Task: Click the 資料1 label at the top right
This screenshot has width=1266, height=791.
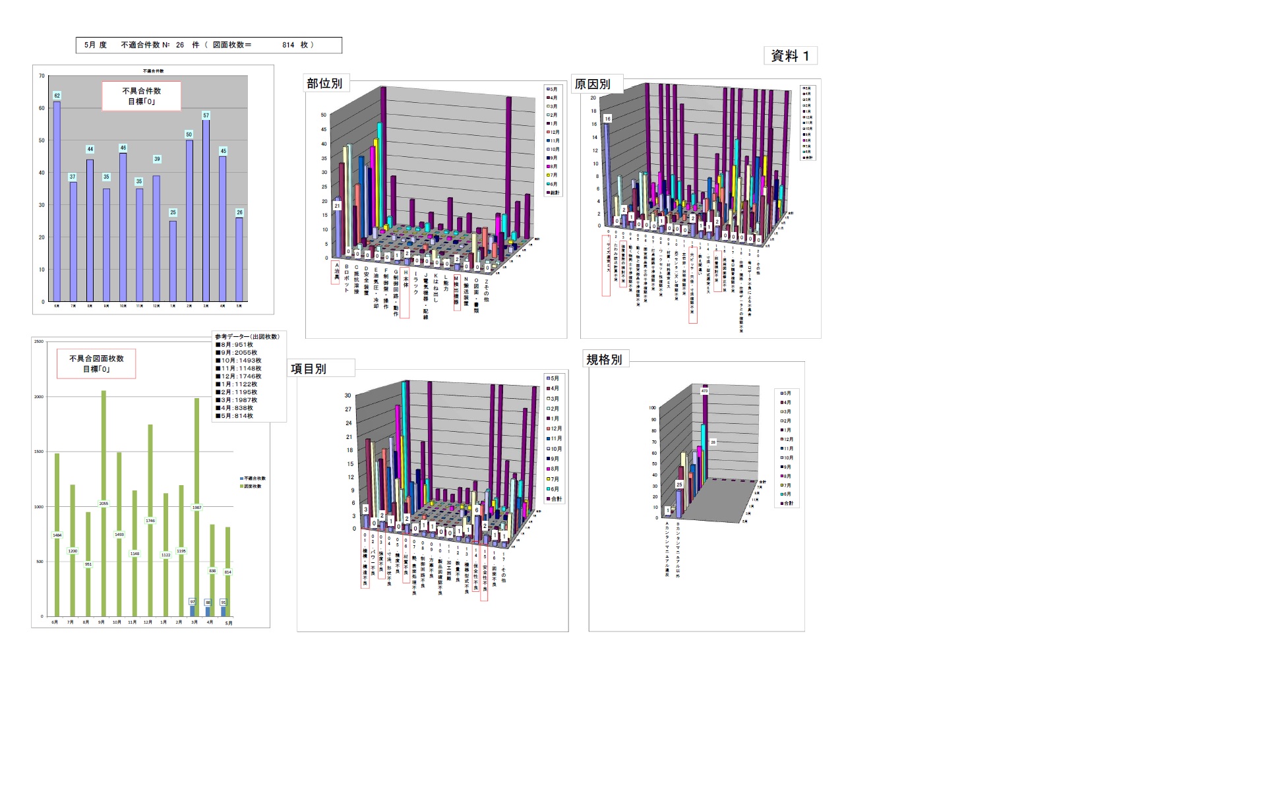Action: click(x=790, y=56)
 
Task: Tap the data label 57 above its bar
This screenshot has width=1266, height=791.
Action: click(x=206, y=115)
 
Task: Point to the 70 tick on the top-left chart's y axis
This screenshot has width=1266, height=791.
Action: click(x=42, y=76)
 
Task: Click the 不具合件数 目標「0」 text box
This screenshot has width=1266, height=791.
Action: click(x=141, y=96)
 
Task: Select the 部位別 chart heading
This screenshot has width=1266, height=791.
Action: click(x=324, y=83)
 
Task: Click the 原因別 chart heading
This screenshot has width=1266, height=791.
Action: click(x=592, y=84)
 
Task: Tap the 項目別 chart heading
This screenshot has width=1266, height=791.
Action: click(x=309, y=368)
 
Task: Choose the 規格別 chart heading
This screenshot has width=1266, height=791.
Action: click(x=604, y=359)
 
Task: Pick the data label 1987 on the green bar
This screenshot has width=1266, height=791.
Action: click(x=196, y=508)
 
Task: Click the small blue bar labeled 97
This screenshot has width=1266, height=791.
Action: click(x=193, y=610)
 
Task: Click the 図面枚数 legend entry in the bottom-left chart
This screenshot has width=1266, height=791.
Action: click(x=253, y=486)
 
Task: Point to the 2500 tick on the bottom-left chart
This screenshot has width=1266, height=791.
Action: click(x=39, y=341)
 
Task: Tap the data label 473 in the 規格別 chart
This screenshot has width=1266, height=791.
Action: click(x=704, y=391)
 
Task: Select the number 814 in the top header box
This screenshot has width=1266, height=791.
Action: click(x=288, y=45)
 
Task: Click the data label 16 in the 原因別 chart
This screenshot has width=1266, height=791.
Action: click(x=607, y=119)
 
